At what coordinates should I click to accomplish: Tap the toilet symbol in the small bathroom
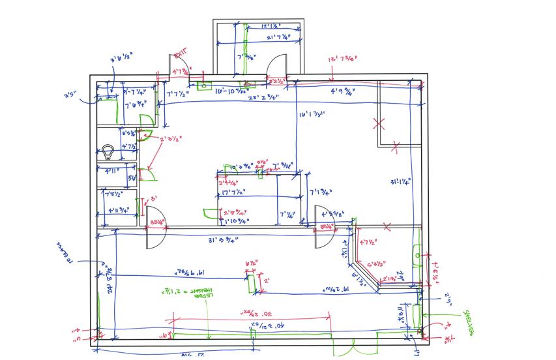[108, 153]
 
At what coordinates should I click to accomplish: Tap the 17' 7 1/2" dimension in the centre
[233, 192]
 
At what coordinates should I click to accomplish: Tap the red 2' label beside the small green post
[265, 280]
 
